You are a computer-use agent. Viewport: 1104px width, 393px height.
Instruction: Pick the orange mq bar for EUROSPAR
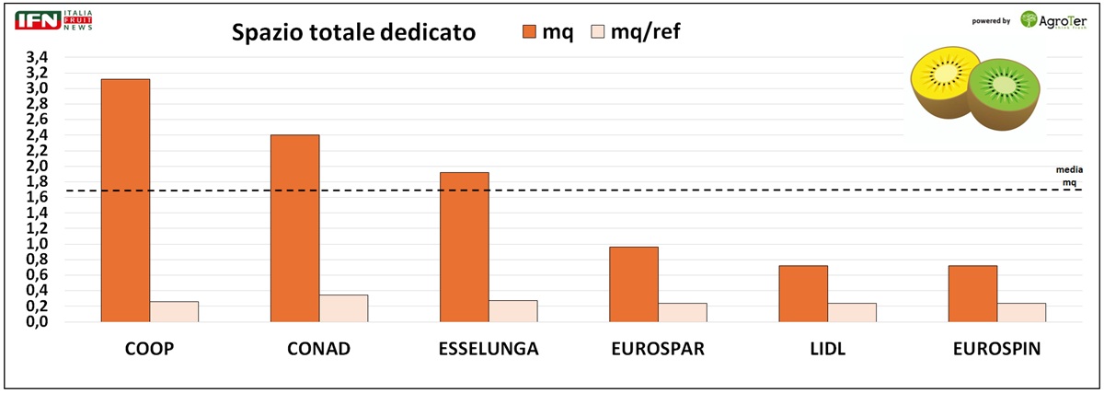[x=634, y=284]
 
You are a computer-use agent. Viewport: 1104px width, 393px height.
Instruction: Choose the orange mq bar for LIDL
[x=803, y=294]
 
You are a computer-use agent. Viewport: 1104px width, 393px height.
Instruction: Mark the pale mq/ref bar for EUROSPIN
[x=1021, y=313]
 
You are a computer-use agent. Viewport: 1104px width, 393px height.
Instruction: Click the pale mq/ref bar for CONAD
[x=343, y=308]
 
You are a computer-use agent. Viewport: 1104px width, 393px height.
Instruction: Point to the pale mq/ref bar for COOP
[x=174, y=312]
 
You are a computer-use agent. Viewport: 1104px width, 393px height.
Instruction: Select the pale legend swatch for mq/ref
[x=597, y=32]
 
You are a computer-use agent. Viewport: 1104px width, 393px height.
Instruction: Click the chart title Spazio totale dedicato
[x=353, y=33]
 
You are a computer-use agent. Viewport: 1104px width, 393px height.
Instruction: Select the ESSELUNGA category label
[x=488, y=351]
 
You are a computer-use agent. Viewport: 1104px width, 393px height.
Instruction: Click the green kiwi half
[x=1006, y=92]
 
